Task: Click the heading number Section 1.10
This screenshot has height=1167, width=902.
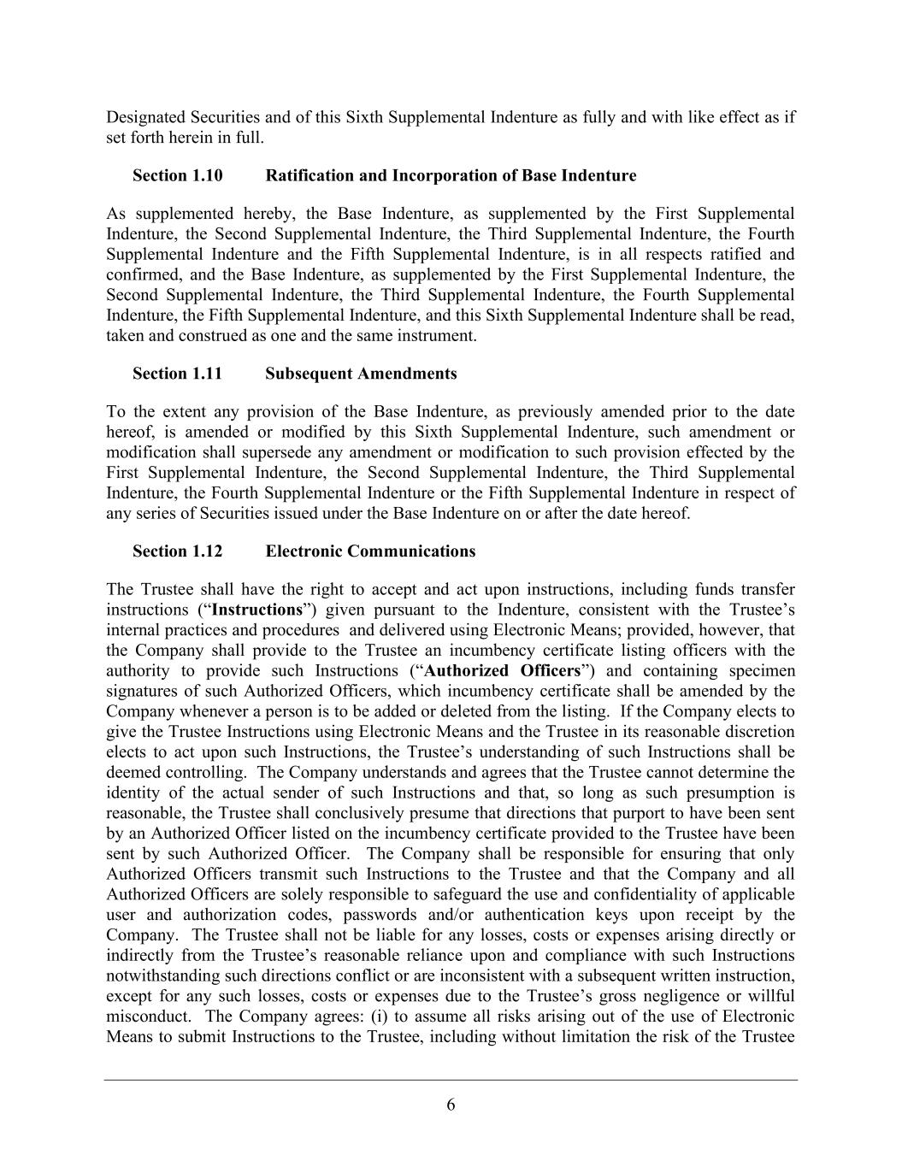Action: (x=177, y=176)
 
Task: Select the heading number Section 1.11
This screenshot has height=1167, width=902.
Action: (x=177, y=374)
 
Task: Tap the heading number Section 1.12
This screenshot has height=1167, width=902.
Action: (x=177, y=551)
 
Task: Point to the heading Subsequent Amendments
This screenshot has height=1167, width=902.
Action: (x=361, y=374)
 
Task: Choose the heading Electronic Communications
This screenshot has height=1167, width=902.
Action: (x=370, y=551)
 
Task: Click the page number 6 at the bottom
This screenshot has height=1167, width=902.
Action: (x=451, y=1105)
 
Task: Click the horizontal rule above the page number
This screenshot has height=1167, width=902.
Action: (x=451, y=1080)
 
